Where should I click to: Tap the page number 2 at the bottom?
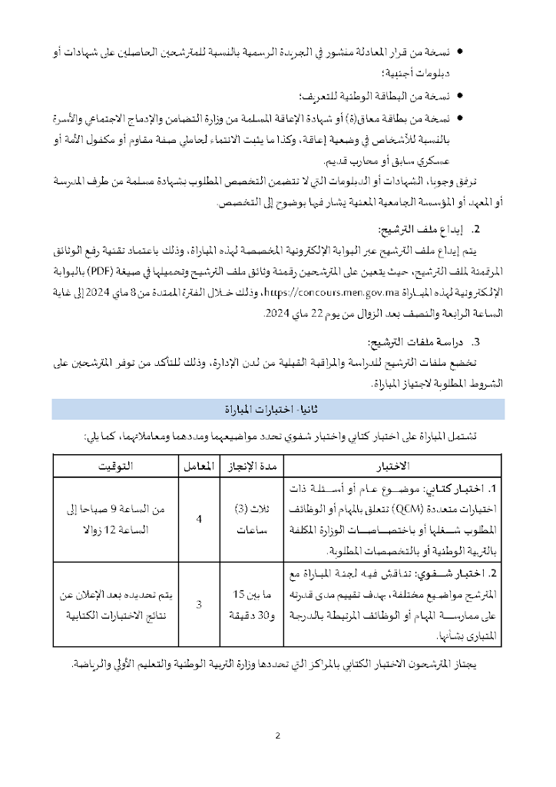pos(277,736)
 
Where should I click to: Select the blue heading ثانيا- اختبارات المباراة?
pos(278,408)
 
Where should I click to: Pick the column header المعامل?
pos(199,467)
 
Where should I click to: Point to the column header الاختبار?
pos(395,467)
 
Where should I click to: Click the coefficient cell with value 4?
pos(199,520)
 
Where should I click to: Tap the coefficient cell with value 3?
pos(199,604)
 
